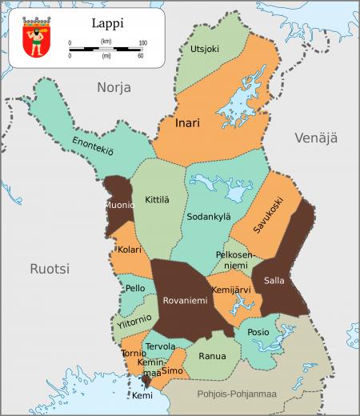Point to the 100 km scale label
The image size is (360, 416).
(x=142, y=42)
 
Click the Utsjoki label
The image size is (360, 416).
(x=204, y=50)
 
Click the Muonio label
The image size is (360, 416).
(x=118, y=205)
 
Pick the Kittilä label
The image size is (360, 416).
(x=157, y=198)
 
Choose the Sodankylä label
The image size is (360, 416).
(x=208, y=216)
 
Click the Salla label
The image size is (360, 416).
(x=274, y=281)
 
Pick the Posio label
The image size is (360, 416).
(x=258, y=332)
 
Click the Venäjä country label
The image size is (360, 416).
(x=316, y=138)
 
